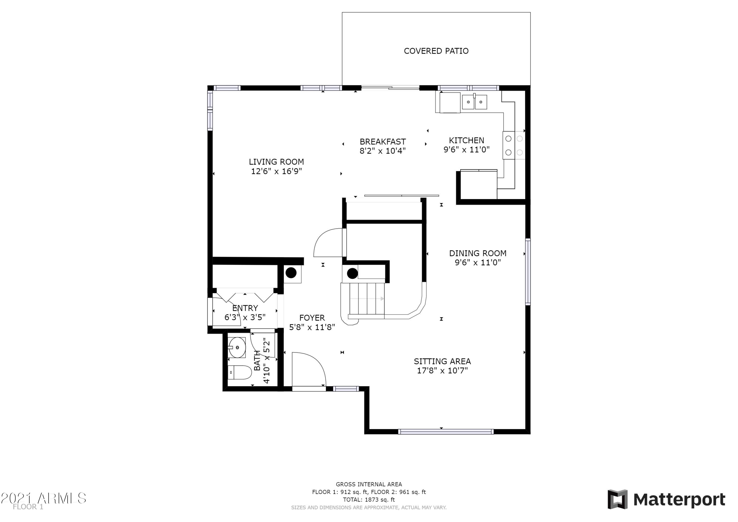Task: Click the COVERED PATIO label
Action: click(x=436, y=51)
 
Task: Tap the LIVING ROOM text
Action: click(x=276, y=162)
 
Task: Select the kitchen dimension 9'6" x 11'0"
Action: click(x=466, y=150)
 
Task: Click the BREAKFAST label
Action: click(x=383, y=142)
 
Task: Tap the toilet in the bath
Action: click(x=240, y=372)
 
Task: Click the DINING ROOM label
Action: click(x=478, y=253)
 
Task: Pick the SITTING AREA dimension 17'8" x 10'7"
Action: click(x=442, y=370)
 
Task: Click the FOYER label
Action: click(x=312, y=318)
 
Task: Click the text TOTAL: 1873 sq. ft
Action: click(x=369, y=500)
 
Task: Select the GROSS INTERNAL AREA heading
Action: click(x=369, y=484)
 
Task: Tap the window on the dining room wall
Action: click(x=527, y=271)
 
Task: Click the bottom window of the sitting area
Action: click(x=446, y=432)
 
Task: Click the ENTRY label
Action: click(x=245, y=308)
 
